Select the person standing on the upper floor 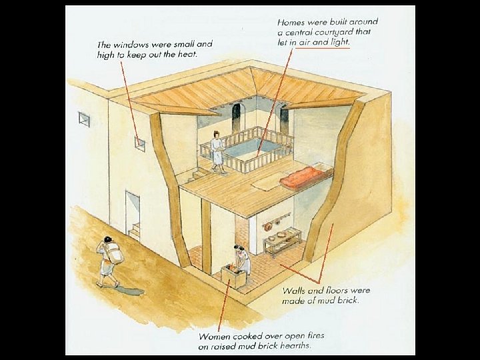tap(217, 151)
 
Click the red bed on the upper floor tap(306, 177)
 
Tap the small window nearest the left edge tap(85, 119)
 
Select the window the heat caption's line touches tap(140, 142)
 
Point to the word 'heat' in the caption tap(186, 54)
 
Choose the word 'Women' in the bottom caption tap(215, 337)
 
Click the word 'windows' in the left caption tap(133, 44)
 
